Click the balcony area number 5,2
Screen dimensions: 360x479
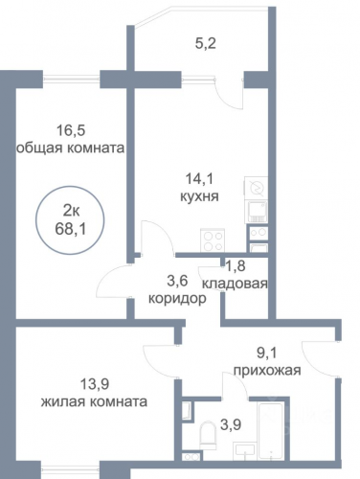coord(206,43)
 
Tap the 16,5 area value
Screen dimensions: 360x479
coord(71,130)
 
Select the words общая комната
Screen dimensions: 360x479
coord(70,148)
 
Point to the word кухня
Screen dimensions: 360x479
coord(199,196)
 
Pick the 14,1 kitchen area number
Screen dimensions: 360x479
coord(200,179)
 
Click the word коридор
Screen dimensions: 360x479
coord(177,299)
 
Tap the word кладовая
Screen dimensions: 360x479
coord(235,284)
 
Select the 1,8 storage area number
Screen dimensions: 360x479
coord(236,265)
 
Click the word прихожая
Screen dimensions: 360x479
coord(267,371)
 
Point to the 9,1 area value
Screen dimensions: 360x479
coord(267,354)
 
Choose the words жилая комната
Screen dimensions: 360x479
coord(94,401)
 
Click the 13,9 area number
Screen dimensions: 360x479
coord(95,384)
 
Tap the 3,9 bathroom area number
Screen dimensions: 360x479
coord(231,425)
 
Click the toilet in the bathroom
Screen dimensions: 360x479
coord(208,435)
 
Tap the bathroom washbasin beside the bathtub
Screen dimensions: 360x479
coord(245,451)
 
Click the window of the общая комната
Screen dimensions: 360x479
coord(72,78)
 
